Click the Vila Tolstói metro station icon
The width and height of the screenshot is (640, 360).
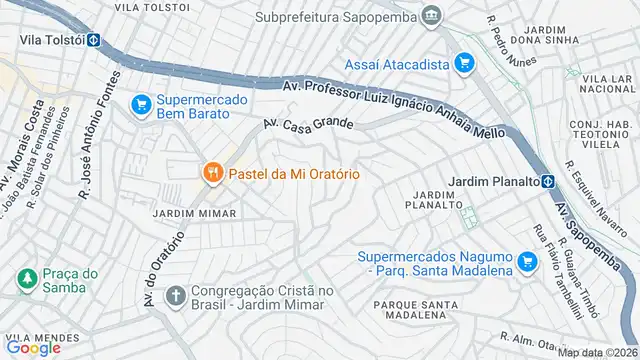(x=92, y=41)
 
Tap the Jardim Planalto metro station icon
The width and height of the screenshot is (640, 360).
(x=549, y=181)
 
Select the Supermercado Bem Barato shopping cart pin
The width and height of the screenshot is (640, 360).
(x=140, y=102)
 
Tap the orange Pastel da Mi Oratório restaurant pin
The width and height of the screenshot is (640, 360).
(x=212, y=174)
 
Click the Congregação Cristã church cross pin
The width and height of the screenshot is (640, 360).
(x=175, y=296)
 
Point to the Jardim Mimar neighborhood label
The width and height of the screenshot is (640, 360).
(x=194, y=213)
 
